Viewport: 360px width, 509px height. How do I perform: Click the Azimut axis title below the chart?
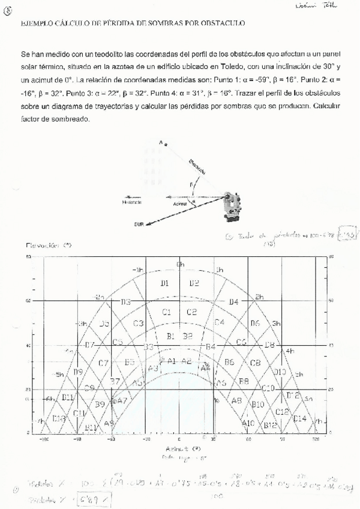tap(179, 448)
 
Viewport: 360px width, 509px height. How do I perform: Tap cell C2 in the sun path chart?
tap(191, 312)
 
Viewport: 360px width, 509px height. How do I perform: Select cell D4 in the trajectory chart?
tap(234, 301)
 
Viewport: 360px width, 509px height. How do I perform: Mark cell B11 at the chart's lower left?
tap(68, 397)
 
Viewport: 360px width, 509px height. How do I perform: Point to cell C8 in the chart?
tap(255, 363)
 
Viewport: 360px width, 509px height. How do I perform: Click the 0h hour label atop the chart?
tap(180, 264)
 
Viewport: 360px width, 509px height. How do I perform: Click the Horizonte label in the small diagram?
tap(133, 202)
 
